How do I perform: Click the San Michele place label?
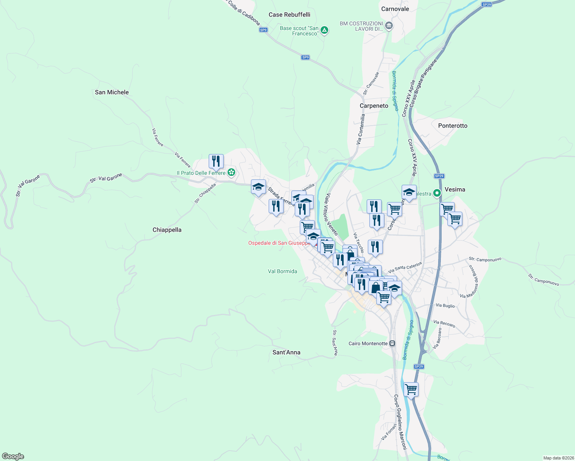pos(112,92)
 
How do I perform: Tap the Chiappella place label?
pos(167,230)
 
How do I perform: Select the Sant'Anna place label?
pos(286,352)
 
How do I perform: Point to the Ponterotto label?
pos(453,126)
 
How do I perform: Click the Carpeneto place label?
pos(374,106)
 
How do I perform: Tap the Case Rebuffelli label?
pos(289,15)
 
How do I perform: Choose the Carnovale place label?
pos(395,9)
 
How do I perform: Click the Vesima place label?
pos(455,189)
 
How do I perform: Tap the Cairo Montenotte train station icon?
pos(392,343)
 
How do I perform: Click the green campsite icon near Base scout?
pos(324,30)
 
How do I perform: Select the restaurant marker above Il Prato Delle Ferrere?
pos(216,161)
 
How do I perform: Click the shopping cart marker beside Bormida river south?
pos(411,389)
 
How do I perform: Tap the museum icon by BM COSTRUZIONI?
pos(389,26)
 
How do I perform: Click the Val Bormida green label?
pos(283,271)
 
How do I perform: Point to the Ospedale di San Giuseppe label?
pos(279,243)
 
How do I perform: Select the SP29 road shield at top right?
pos(487,5)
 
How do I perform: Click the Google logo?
pos(13,456)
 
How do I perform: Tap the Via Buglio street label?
pos(445,306)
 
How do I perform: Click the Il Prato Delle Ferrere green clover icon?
pos(231,172)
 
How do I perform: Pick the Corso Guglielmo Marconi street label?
pos(400,422)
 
